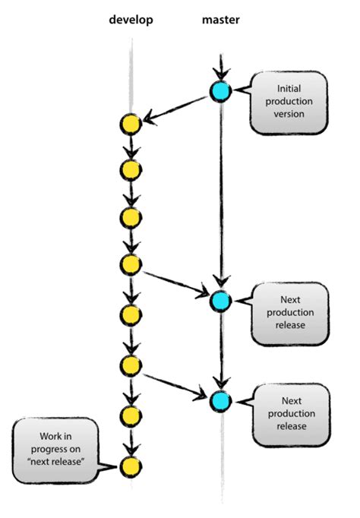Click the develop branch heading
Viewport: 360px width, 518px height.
[131, 21]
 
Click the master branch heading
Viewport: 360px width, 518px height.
[220, 21]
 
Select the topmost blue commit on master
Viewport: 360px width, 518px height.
[220, 92]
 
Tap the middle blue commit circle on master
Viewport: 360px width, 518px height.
[220, 301]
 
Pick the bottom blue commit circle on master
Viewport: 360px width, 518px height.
[220, 400]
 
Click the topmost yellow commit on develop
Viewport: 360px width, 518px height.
[131, 124]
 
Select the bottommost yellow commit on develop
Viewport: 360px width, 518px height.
[131, 466]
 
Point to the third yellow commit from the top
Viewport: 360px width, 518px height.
[131, 217]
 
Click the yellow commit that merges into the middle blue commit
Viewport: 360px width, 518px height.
[131, 264]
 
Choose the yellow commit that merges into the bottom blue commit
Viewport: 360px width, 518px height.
[131, 365]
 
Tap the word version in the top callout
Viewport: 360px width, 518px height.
[289, 114]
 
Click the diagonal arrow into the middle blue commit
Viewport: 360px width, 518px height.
[175, 282]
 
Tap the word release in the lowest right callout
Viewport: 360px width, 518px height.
[292, 426]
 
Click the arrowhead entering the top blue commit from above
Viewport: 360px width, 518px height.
[220, 74]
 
